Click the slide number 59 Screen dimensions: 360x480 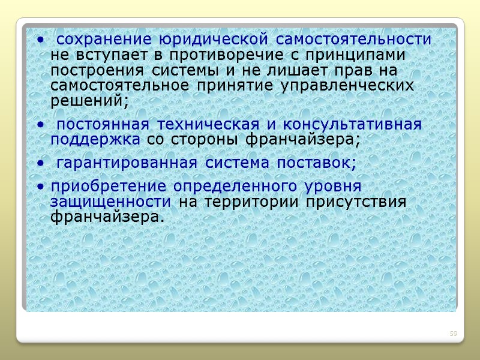coord(454,333)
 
